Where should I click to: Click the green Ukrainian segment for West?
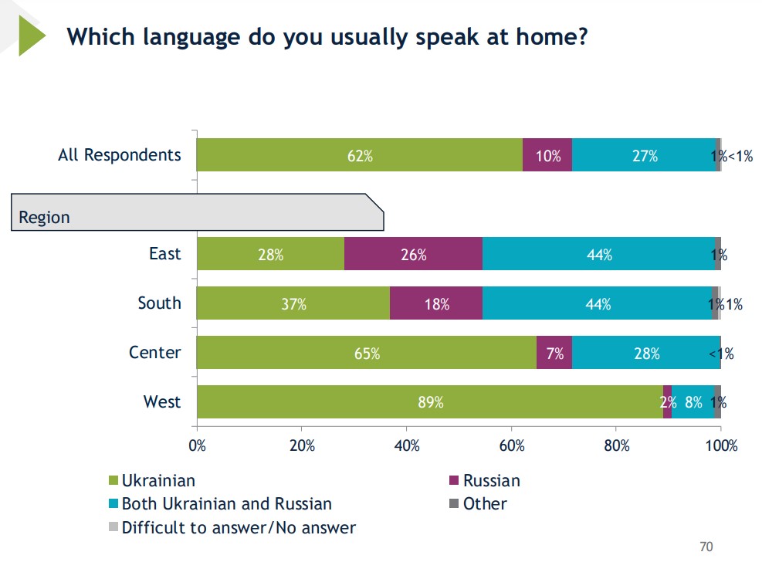click(429, 401)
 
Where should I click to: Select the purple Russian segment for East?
click(413, 254)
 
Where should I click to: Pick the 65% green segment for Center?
click(366, 353)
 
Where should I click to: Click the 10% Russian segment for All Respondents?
click(547, 155)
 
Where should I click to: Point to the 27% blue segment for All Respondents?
click(645, 155)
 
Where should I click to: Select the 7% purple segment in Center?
click(554, 353)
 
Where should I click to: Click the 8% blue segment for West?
click(693, 401)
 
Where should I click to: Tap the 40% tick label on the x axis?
click(407, 445)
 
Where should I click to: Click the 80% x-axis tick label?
click(617, 445)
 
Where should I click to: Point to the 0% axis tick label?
click(198, 445)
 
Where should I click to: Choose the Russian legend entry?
click(491, 481)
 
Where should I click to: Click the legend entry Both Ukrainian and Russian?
click(226, 504)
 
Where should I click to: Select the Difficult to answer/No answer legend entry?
click(239, 528)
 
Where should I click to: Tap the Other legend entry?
click(485, 504)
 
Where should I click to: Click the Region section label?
click(45, 217)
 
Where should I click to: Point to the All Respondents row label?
click(120, 155)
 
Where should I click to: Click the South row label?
click(160, 303)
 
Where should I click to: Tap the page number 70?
click(706, 547)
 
